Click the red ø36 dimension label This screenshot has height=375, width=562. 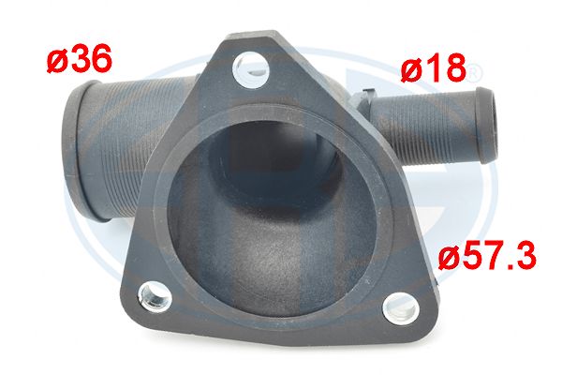pos(80,58)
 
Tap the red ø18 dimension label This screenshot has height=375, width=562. pos(434,67)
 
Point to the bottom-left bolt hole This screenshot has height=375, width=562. pos(155,296)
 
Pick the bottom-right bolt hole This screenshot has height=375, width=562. pos(401,308)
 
